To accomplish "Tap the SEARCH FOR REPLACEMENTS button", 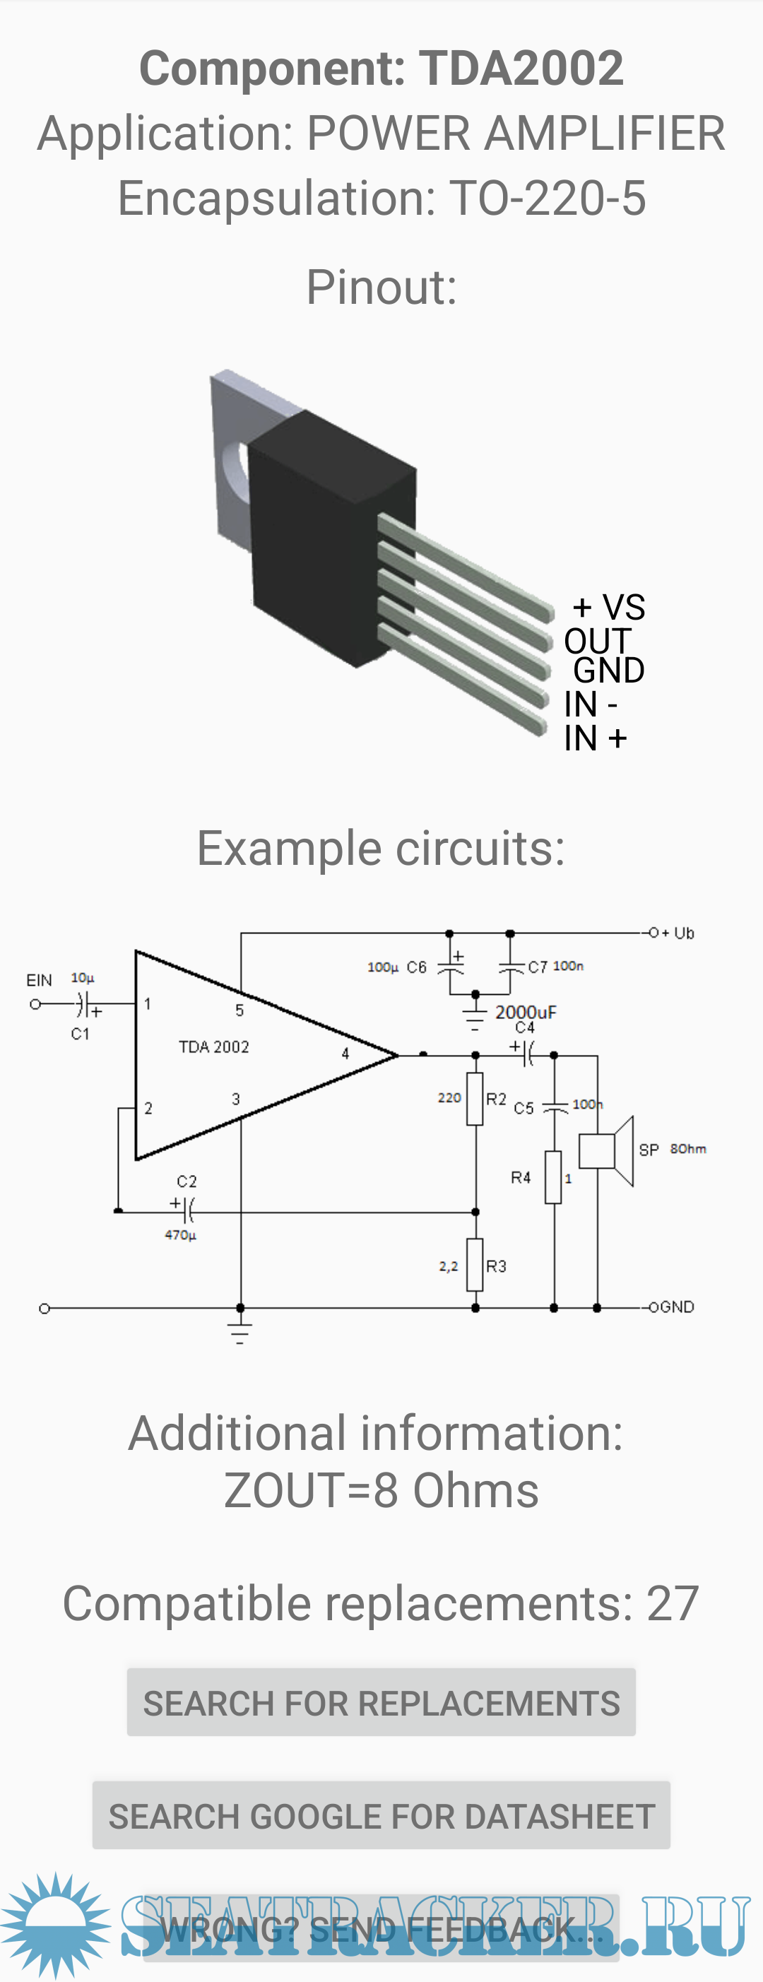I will click(x=381, y=1704).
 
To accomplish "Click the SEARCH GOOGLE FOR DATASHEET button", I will click(x=381, y=1816).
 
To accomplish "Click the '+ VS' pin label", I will click(x=608, y=607).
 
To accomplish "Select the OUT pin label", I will click(x=597, y=641).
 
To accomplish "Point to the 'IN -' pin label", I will click(x=590, y=704).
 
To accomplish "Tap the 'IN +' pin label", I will click(x=596, y=738).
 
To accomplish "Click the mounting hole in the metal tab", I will click(x=233, y=466).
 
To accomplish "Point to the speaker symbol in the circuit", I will click(x=607, y=1151).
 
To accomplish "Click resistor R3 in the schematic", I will click(x=475, y=1265).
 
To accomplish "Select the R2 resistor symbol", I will click(x=475, y=1099).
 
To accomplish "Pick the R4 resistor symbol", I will click(x=553, y=1177).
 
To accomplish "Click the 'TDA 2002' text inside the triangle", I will click(x=214, y=1047).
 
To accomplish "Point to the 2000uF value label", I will click(x=526, y=1013).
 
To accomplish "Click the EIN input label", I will click(x=40, y=980).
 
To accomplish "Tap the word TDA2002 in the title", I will click(x=521, y=68).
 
